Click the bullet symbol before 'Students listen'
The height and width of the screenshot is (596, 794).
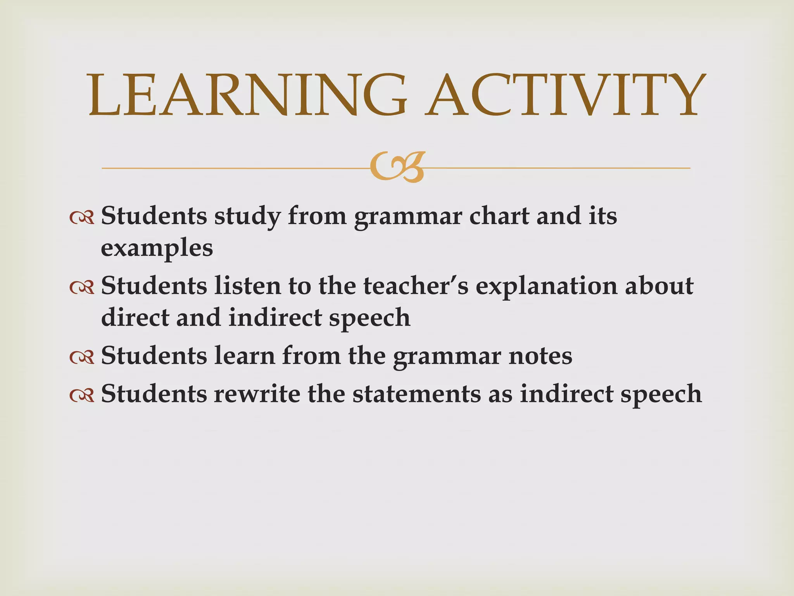tap(82, 287)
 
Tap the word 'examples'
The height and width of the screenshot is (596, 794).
tap(157, 248)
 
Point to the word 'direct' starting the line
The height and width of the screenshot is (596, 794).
tap(135, 317)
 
